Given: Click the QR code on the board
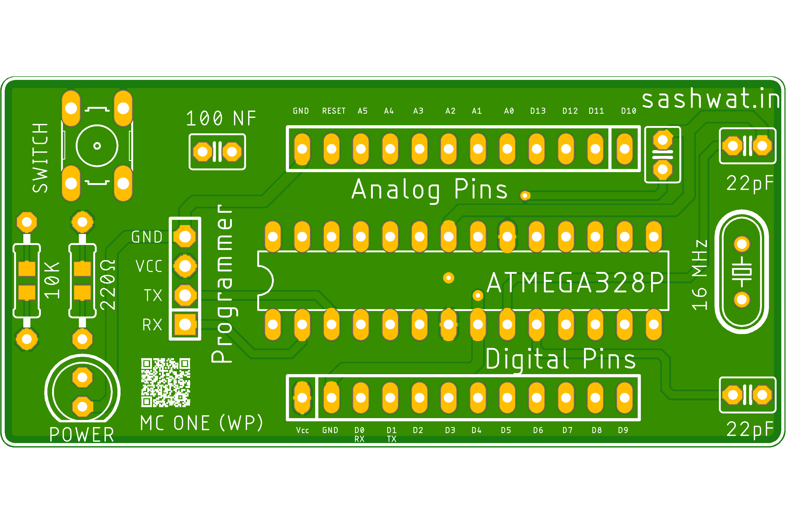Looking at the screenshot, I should point(165,382).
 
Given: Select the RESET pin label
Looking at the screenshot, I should point(334,111).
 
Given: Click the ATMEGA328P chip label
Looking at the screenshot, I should point(575,283).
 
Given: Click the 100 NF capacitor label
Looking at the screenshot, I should point(221,118).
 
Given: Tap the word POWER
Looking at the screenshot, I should point(82,435).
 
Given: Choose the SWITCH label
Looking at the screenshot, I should point(40,158).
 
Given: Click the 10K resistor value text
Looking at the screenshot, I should point(52,280).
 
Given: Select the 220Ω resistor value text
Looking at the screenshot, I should point(108,285).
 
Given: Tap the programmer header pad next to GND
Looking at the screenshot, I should point(185,237).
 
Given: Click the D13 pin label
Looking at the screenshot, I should point(538,111).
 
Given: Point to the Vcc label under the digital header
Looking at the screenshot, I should point(302,430).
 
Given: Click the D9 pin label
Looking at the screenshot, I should point(623,430).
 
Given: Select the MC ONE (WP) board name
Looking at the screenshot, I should point(201,423).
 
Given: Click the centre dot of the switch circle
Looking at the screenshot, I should point(97,146).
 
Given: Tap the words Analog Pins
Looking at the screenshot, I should point(429,190).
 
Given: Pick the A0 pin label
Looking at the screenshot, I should point(509,111).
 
